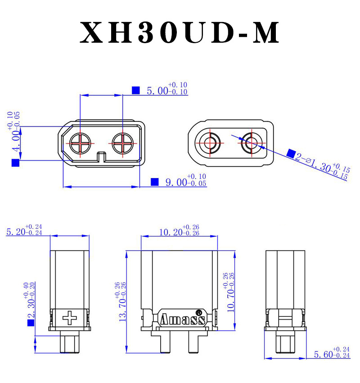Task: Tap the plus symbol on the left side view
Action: click(70, 318)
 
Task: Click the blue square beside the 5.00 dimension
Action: click(135, 90)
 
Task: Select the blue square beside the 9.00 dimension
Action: click(155, 182)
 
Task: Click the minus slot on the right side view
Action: click(286, 318)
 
